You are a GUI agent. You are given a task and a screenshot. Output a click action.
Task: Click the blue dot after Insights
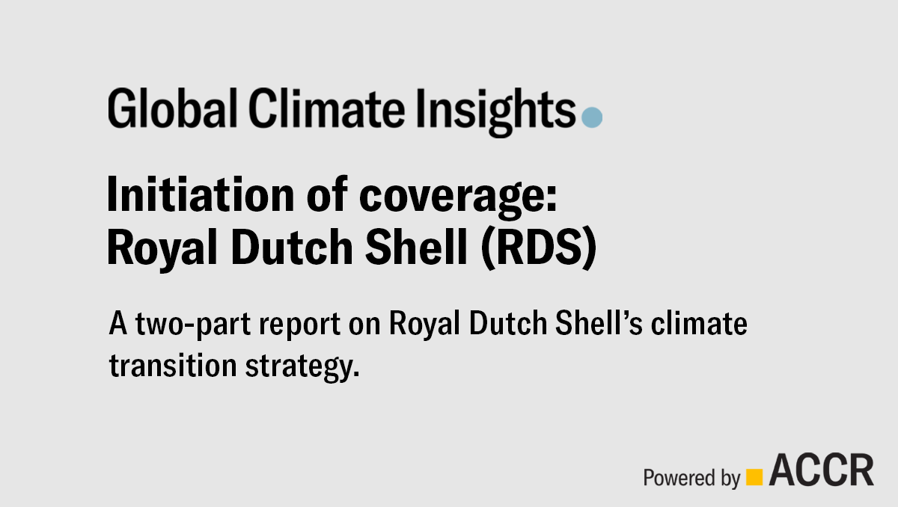tap(592, 117)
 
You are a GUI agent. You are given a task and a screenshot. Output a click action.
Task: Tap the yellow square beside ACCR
tap(755, 476)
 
